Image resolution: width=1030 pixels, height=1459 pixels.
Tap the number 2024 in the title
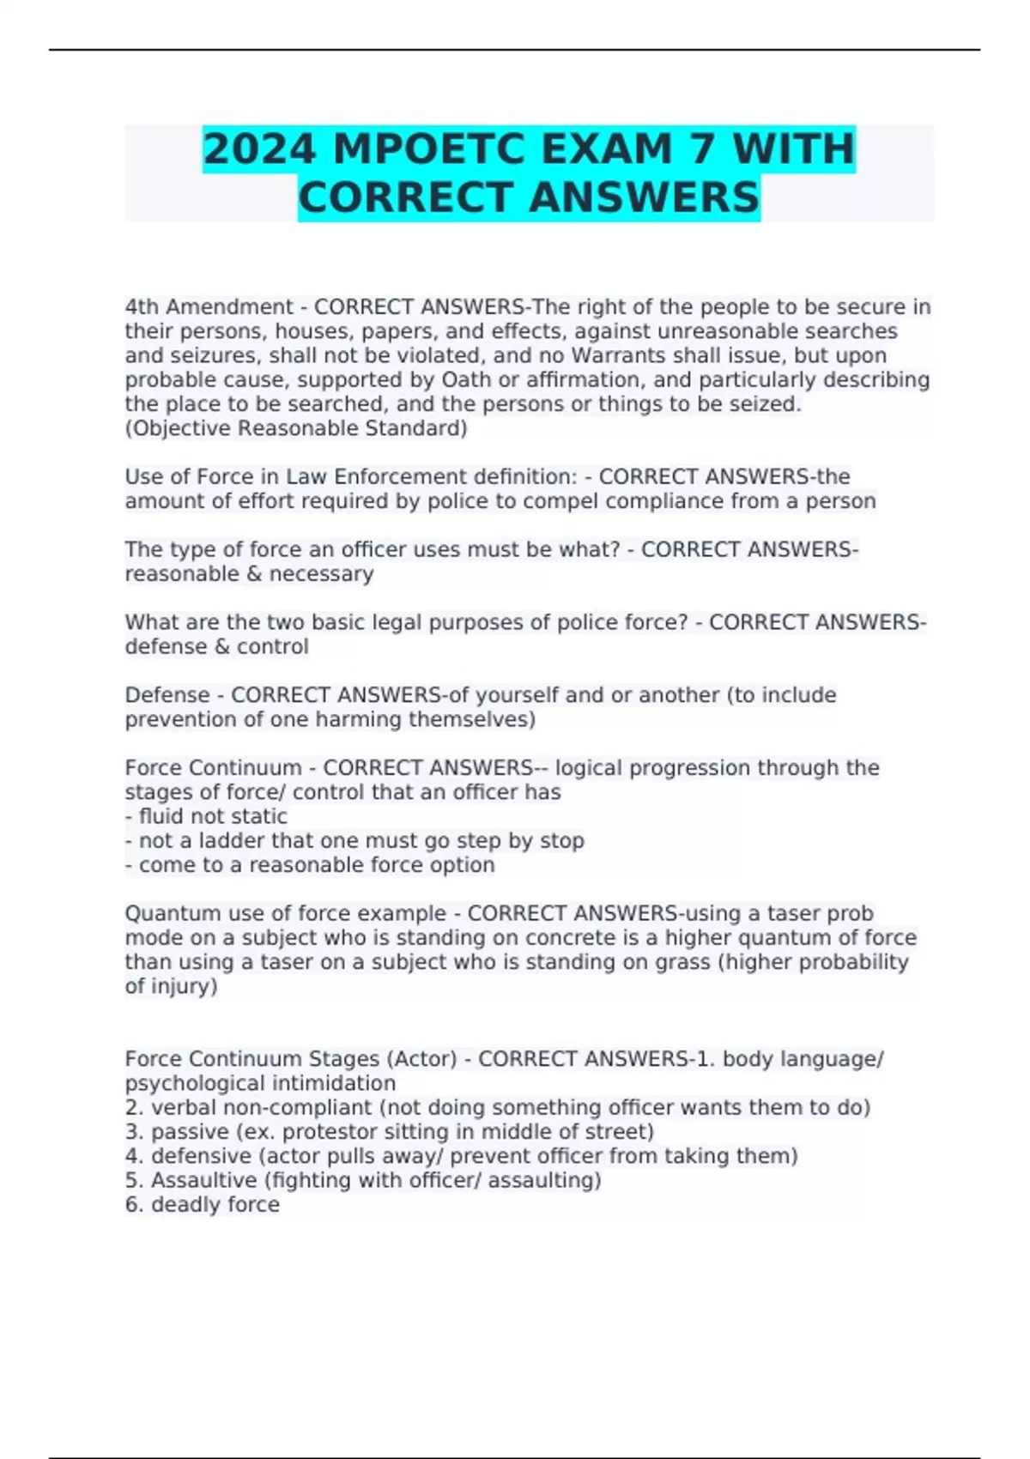[259, 148]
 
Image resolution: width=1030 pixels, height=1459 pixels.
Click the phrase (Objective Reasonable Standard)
[296, 428]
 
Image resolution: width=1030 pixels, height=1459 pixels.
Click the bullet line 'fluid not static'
[206, 816]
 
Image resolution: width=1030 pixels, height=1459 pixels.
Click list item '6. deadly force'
[203, 1205]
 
